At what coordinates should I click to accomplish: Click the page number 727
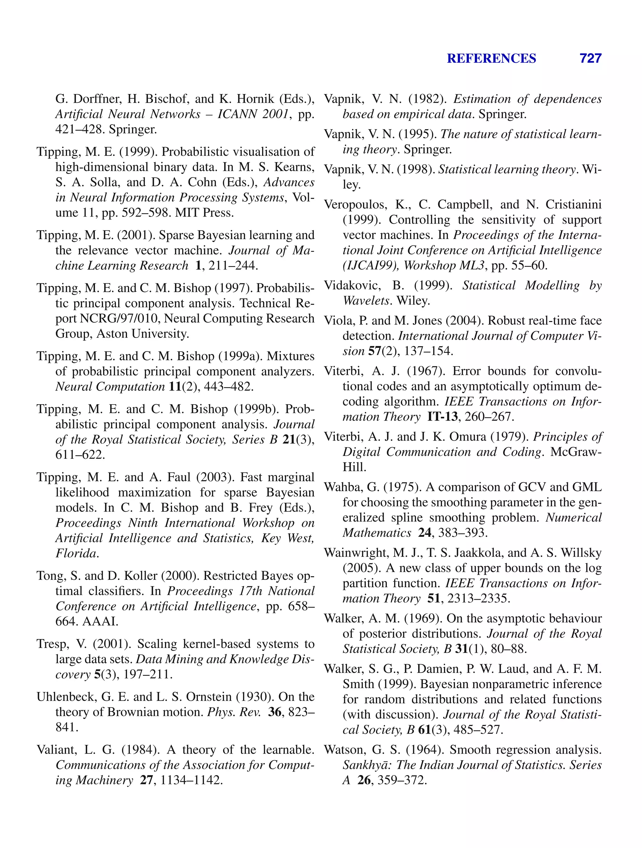pyautogui.click(x=590, y=58)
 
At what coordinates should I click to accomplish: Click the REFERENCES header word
pyautogui.click(x=491, y=58)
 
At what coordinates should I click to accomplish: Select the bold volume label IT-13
pyautogui.click(x=442, y=417)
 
